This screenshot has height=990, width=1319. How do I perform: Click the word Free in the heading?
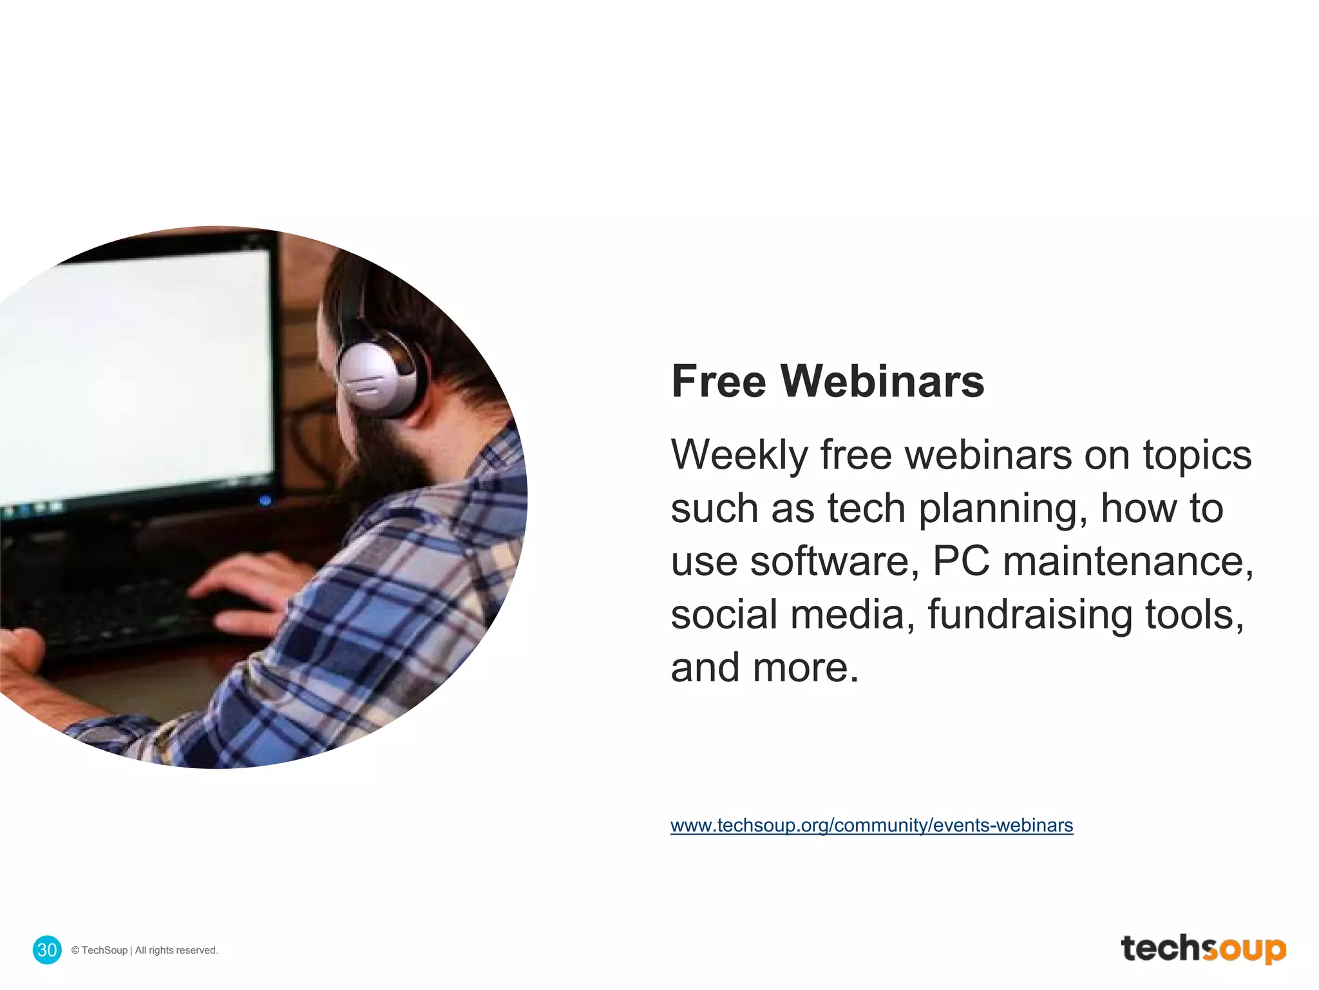coord(718,382)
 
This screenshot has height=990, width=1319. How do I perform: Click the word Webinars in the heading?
coord(882,382)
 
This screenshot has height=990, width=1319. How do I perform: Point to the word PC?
coord(960,561)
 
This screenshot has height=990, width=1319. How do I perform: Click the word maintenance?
coord(1127,561)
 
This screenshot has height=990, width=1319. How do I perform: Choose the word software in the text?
coord(834,561)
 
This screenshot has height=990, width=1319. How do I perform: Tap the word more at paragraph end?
coord(805,668)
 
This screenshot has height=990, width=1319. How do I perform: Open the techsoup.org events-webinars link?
coord(871,826)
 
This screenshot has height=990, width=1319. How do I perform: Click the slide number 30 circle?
coord(47,949)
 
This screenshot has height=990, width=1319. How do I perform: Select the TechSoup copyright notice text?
coord(145,950)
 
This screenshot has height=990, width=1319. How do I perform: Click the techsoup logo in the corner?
coord(1202,949)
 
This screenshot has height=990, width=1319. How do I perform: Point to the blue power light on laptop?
coord(265,500)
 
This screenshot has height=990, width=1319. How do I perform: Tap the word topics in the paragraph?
coord(1197,456)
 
